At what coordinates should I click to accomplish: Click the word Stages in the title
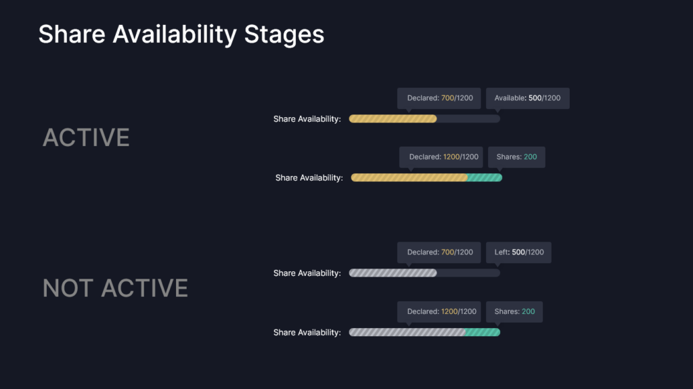pyautogui.click(x=284, y=35)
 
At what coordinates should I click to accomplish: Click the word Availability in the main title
pyautogui.click(x=175, y=35)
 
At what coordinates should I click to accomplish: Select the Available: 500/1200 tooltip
pyautogui.click(x=528, y=98)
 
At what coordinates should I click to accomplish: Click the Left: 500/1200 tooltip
pyautogui.click(x=519, y=252)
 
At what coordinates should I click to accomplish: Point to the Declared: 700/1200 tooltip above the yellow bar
pyautogui.click(x=439, y=98)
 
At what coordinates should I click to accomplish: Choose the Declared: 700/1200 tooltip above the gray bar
pyautogui.click(x=439, y=252)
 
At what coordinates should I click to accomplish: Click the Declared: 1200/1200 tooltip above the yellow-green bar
pyautogui.click(x=441, y=157)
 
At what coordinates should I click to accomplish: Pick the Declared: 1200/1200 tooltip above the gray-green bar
pyautogui.click(x=439, y=312)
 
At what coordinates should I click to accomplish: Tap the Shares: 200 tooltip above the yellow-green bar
pyautogui.click(x=516, y=157)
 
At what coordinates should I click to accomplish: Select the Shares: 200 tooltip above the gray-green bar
pyautogui.click(x=514, y=312)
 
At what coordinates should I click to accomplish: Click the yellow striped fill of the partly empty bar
pyautogui.click(x=393, y=119)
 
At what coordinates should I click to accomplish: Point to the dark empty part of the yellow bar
pyautogui.click(x=468, y=119)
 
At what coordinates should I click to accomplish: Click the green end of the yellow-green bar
pyautogui.click(x=485, y=178)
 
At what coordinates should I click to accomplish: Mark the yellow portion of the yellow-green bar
pyautogui.click(x=409, y=178)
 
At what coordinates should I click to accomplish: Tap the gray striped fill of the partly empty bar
pyautogui.click(x=393, y=273)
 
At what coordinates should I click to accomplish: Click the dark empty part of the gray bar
pyautogui.click(x=468, y=273)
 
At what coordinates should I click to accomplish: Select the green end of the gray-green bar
pyautogui.click(x=483, y=332)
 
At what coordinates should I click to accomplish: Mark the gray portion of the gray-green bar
pyautogui.click(x=407, y=332)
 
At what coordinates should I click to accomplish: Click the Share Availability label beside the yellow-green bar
pyautogui.click(x=309, y=178)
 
